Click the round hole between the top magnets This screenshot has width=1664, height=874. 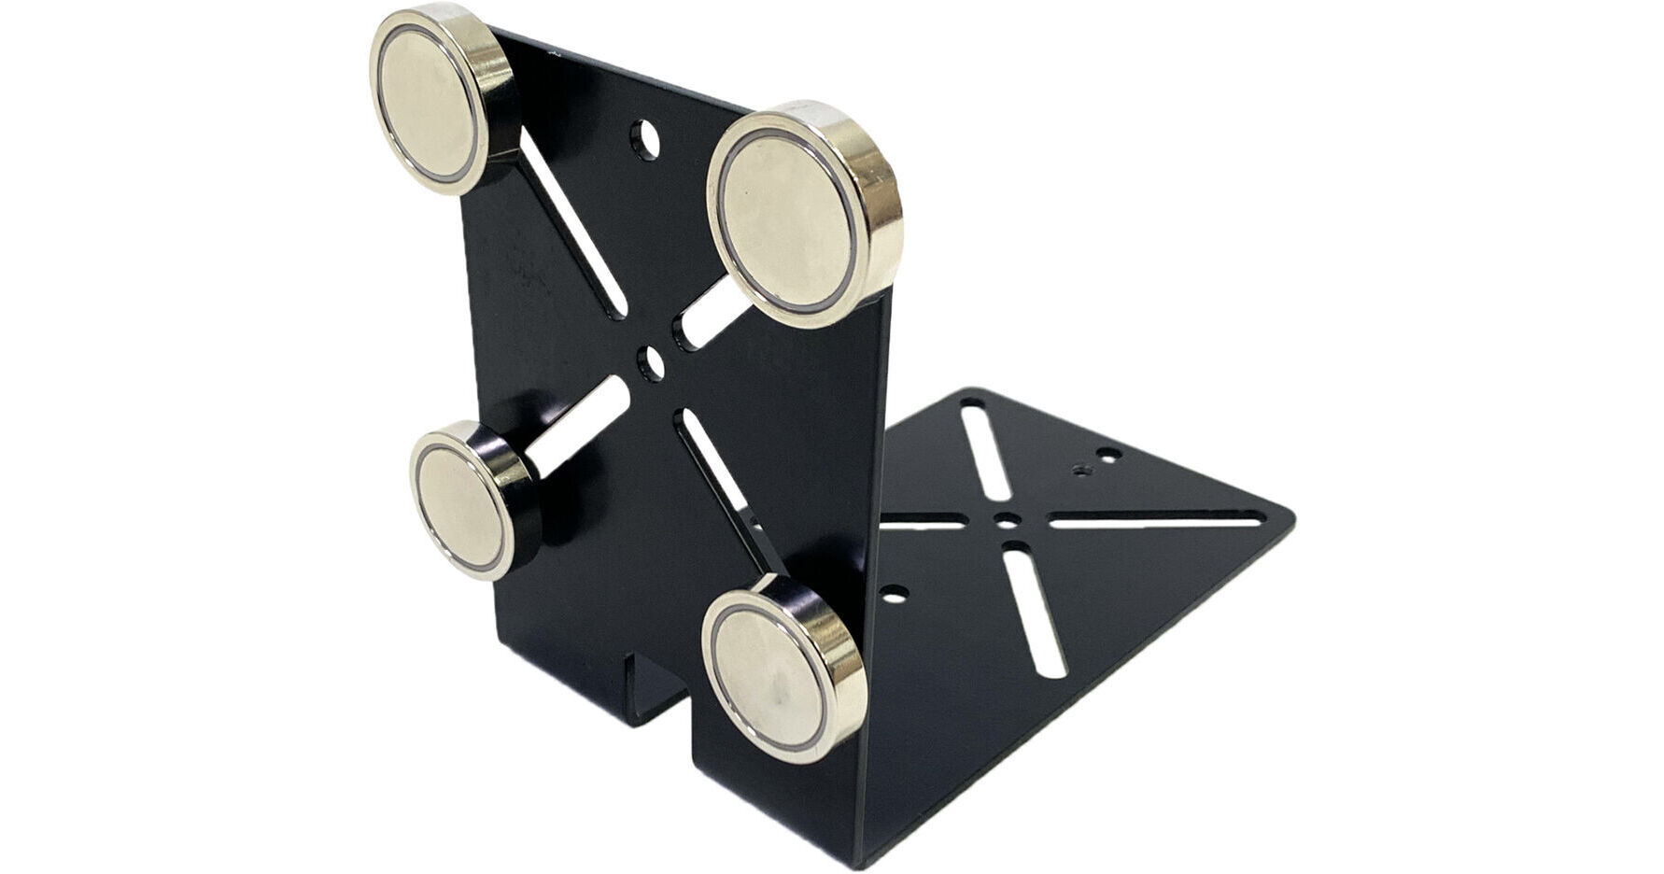click(643, 139)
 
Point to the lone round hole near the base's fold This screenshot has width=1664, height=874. click(895, 594)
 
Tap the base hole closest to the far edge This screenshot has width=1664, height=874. click(1108, 455)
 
